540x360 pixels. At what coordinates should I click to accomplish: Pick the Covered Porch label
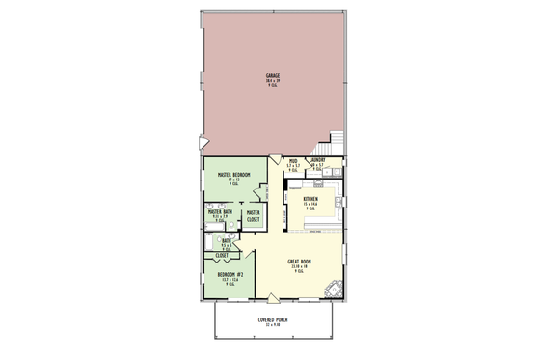[274, 318]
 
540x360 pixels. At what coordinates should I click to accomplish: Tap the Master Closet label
[254, 216]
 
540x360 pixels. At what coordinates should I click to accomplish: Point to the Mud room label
[293, 162]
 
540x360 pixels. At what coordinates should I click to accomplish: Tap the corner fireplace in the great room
[335, 287]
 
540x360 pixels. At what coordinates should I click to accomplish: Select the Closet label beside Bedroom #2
[221, 255]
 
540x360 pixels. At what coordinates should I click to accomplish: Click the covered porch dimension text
[274, 325]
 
